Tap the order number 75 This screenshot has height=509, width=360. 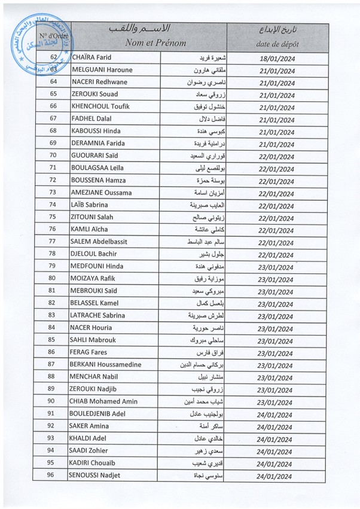pyautogui.click(x=53, y=217)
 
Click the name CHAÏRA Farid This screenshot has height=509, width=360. pyautogui.click(x=93, y=57)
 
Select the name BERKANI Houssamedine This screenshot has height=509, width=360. pyautogui.click(x=105, y=364)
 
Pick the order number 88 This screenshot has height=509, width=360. pyautogui.click(x=53, y=376)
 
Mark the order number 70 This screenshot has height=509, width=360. pyautogui.click(x=53, y=155)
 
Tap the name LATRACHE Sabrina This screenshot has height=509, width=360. pyautogui.click(x=98, y=315)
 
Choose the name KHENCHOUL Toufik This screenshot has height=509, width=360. pyautogui.click(x=100, y=106)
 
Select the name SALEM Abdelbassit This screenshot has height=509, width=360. pyautogui.click(x=101, y=241)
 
